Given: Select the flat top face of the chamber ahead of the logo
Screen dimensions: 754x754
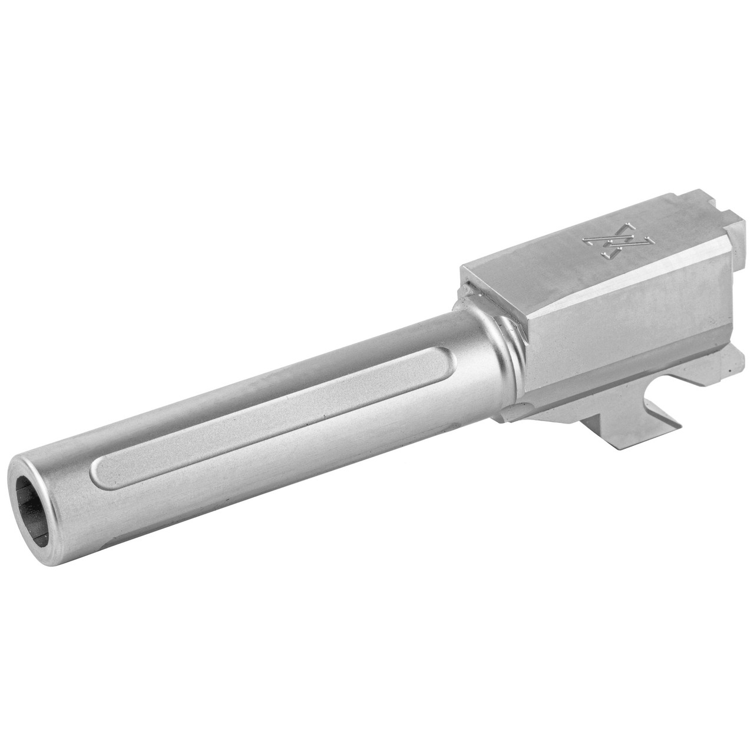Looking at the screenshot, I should [x=530, y=259].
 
